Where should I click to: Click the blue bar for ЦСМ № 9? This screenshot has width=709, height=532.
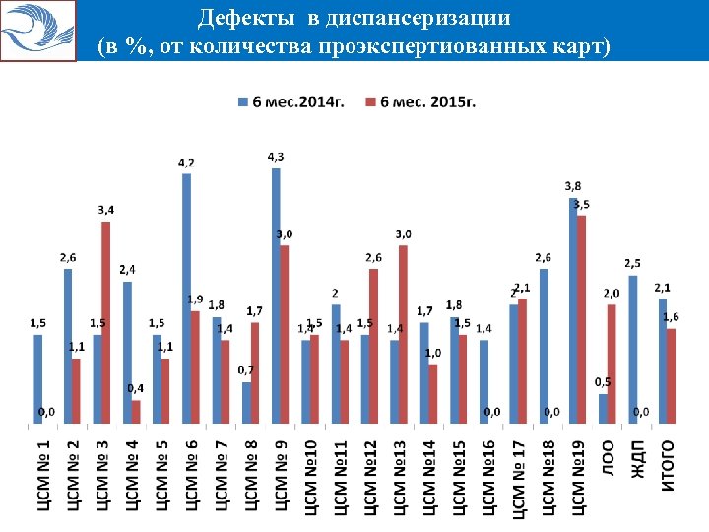click(x=276, y=296)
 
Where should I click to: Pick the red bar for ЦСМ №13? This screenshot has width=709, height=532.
click(x=403, y=335)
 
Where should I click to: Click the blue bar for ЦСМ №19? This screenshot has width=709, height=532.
click(x=573, y=310)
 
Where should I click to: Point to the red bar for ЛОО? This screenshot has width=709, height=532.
click(x=612, y=365)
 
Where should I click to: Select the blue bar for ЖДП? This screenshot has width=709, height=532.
click(x=633, y=350)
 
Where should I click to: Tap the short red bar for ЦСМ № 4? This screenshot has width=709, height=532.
click(x=136, y=412)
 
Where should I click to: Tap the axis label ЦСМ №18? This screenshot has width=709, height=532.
click(x=548, y=478)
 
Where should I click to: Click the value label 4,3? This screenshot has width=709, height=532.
click(x=277, y=157)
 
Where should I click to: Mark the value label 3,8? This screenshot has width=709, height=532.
click(x=572, y=185)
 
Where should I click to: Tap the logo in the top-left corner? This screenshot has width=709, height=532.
click(x=38, y=31)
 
